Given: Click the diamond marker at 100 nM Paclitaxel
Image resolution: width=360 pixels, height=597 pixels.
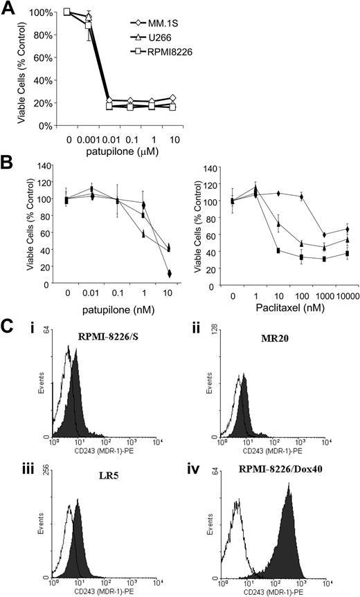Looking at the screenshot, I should point(302,197).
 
